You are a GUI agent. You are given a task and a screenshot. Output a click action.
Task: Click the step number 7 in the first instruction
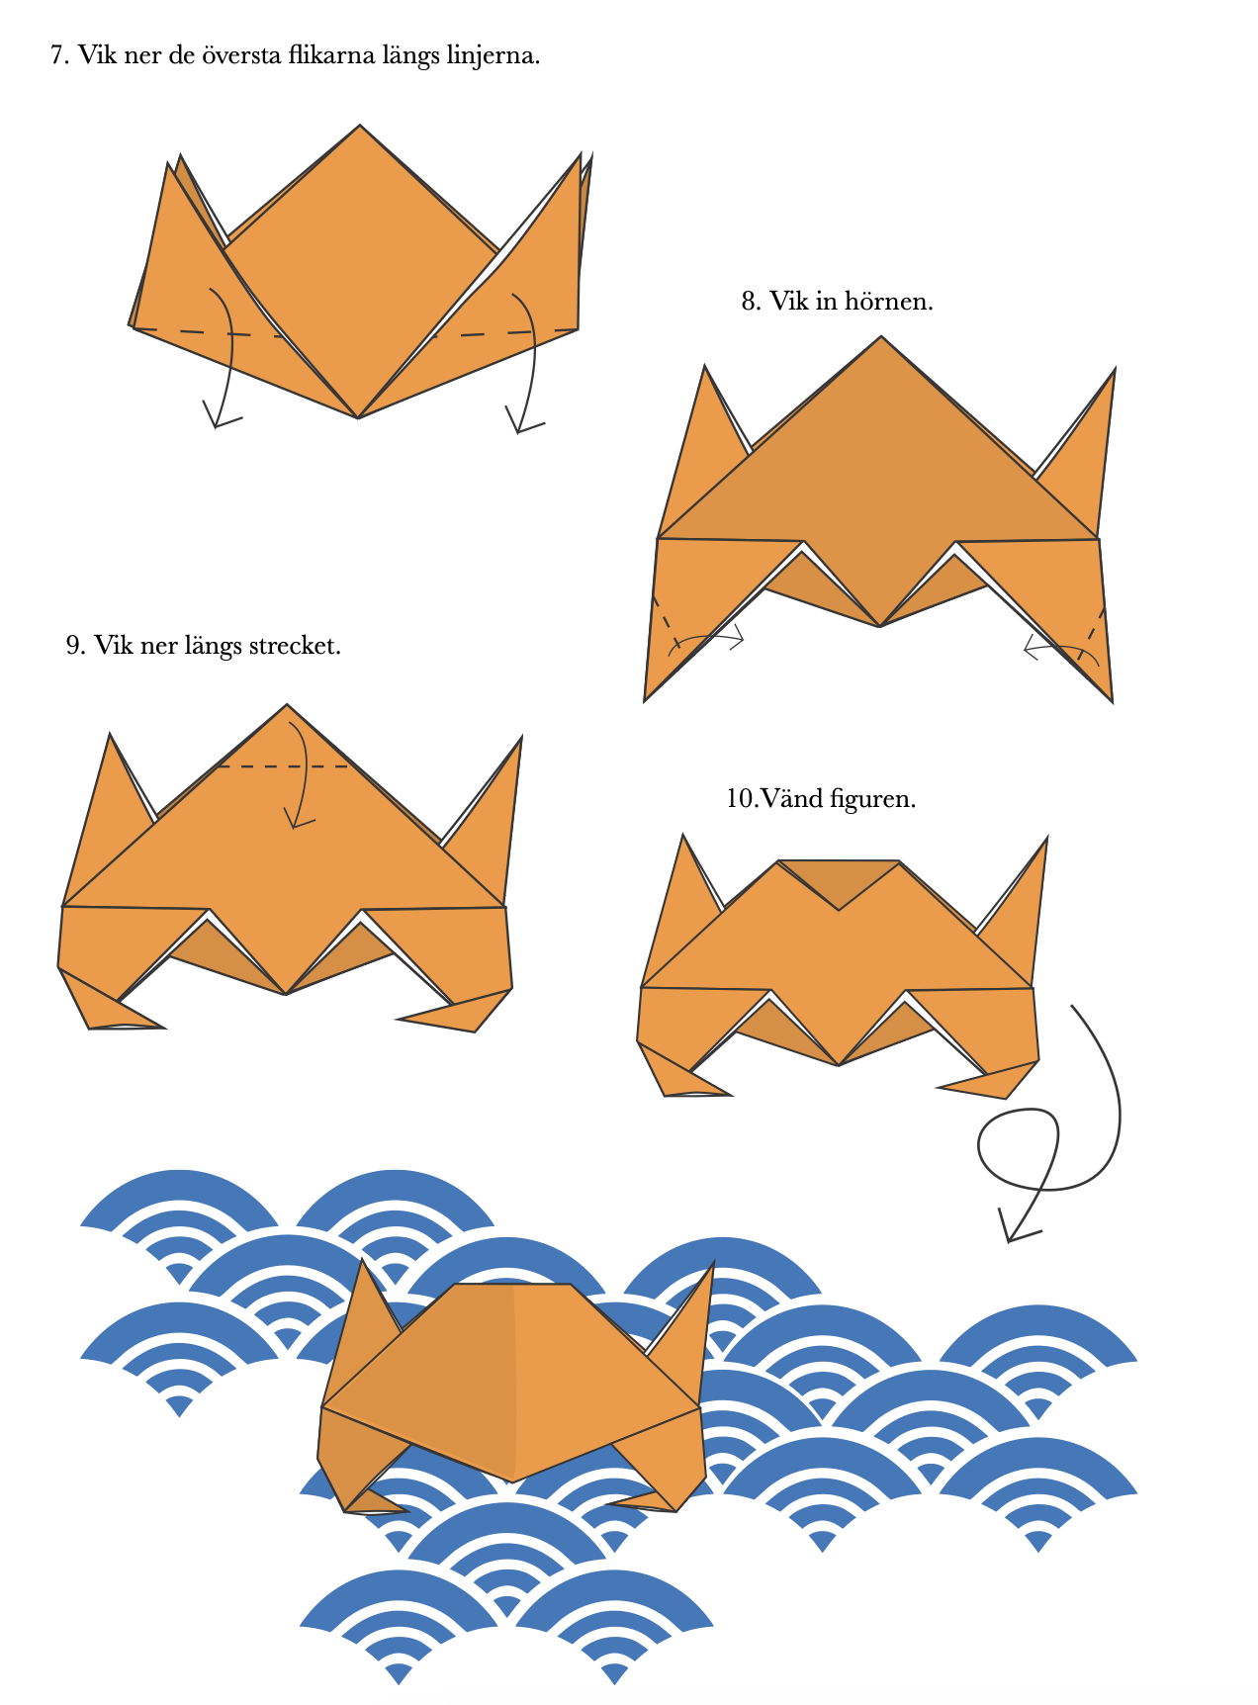coord(59,55)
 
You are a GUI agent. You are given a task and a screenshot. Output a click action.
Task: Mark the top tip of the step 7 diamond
coord(360,126)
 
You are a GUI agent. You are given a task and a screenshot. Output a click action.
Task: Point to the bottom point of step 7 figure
coord(358,417)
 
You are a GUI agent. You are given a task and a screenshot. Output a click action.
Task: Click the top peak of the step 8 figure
coord(881,337)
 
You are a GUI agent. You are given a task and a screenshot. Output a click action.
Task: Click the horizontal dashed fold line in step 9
coord(282,766)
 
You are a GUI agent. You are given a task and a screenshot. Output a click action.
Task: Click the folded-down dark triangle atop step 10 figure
coord(839,880)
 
